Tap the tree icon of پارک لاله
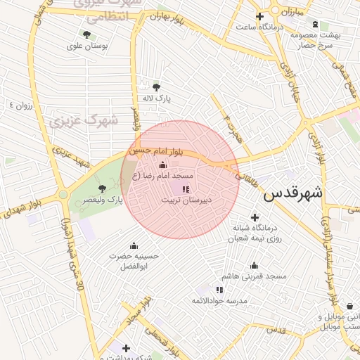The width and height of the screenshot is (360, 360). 156,87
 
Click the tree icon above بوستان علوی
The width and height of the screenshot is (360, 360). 86,34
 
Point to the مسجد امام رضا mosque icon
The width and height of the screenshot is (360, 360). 163,165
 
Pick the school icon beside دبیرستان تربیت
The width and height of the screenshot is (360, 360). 185,189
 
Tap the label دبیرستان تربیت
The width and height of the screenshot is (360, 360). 188,200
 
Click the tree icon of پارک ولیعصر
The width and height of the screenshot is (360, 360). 103,188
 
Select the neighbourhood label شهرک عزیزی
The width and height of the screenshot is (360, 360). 84,122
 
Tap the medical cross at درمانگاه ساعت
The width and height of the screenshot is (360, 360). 260,16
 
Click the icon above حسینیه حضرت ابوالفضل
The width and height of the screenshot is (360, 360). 134,245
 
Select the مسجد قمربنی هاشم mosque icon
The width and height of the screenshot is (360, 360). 254,265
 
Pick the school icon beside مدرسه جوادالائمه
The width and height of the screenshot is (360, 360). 219,289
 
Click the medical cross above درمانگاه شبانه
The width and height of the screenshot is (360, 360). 255,217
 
